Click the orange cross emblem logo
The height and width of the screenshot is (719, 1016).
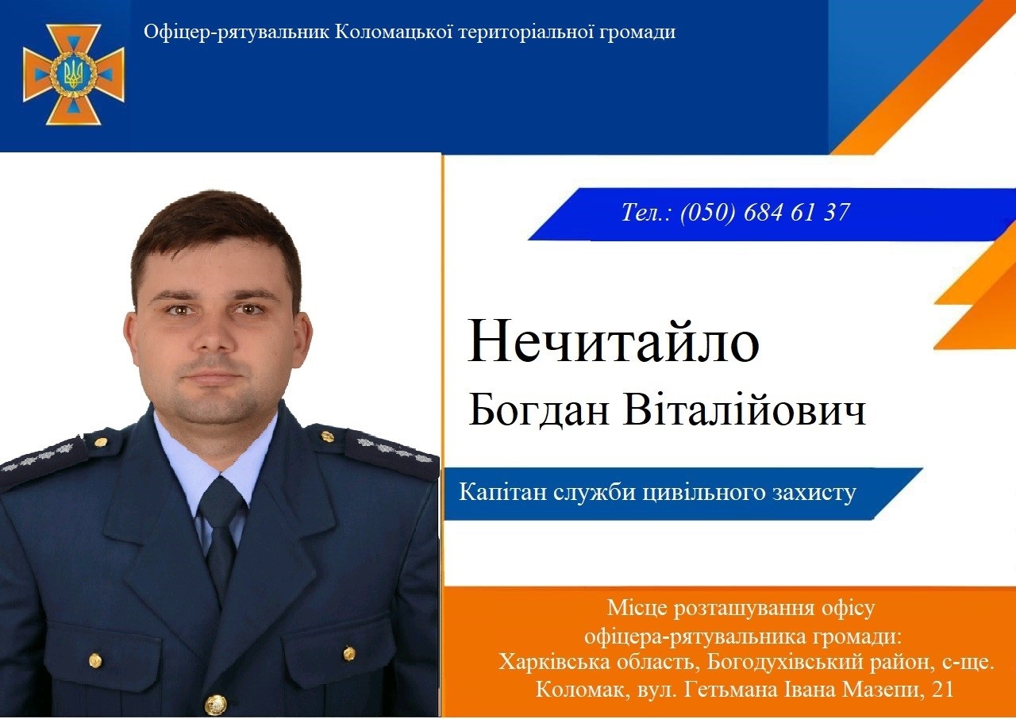point(74,75)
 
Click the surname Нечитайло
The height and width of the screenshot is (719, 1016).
point(614,341)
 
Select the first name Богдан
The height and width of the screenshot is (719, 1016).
point(538,409)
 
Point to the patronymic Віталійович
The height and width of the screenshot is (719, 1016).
point(745,409)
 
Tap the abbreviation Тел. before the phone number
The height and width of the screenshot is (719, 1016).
point(645,212)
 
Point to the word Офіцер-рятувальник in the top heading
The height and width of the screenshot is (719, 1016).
point(237,33)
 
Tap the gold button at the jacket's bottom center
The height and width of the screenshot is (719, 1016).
point(216,704)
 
